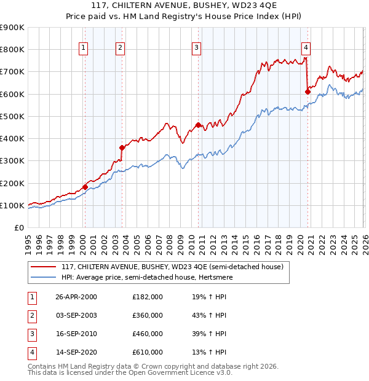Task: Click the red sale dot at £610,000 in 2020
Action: (307, 92)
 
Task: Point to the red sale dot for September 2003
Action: (122, 147)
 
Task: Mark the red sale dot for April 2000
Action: (85, 187)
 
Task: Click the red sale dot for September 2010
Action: (198, 125)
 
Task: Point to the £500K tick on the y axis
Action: (12, 116)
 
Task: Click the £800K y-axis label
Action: (12, 49)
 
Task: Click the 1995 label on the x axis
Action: (28, 240)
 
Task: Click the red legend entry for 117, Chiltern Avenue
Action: (172, 267)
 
